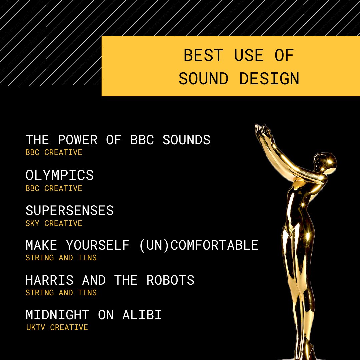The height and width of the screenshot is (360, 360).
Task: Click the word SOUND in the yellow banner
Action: pos(203,79)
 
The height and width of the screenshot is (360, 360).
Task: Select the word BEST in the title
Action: pos(203,55)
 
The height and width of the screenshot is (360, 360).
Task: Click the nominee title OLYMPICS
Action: pos(60,175)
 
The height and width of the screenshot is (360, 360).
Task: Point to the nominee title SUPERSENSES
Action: pos(70,211)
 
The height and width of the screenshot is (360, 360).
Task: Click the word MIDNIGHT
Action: pos(58,315)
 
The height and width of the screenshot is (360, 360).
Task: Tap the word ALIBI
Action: pos(142,315)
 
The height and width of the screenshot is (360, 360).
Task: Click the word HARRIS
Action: pos(50,280)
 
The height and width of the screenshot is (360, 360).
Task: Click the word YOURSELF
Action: pos(98,245)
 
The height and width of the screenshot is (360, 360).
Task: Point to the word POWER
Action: pos(78,140)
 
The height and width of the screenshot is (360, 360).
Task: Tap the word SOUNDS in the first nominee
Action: pos(186,140)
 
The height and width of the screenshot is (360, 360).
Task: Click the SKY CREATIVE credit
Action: pos(54,223)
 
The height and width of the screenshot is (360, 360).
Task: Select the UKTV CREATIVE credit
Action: pos(57,327)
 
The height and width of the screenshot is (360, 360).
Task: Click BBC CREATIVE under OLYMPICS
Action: pos(54,188)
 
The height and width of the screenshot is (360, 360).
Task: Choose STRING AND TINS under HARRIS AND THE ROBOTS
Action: pos(61,293)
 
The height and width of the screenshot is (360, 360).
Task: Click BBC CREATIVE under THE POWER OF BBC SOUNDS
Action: pos(54,152)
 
